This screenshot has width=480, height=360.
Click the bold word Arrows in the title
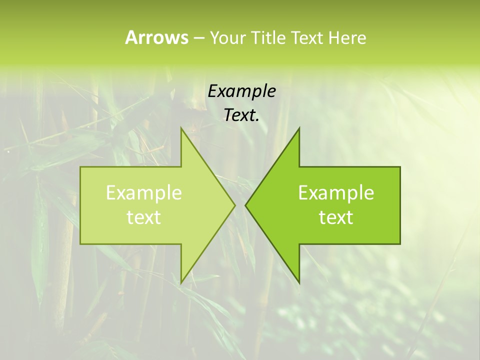[x=156, y=37]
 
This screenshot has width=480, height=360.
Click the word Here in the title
[x=347, y=37]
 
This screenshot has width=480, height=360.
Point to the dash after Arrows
[x=198, y=38]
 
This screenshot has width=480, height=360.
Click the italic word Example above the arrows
[x=241, y=91]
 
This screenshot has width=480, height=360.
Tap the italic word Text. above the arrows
[x=241, y=115]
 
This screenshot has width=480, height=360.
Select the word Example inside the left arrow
[x=144, y=192]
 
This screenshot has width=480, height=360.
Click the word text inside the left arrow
[x=144, y=217]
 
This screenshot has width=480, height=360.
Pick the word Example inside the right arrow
[x=336, y=192]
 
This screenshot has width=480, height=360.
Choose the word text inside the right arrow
[x=336, y=217]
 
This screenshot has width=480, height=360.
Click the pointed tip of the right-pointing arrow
[x=234, y=205]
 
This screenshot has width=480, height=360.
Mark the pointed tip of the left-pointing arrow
[x=246, y=205]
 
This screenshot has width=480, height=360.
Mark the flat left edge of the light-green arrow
[x=81, y=205]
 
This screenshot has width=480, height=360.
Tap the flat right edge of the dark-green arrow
[x=399, y=205]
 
